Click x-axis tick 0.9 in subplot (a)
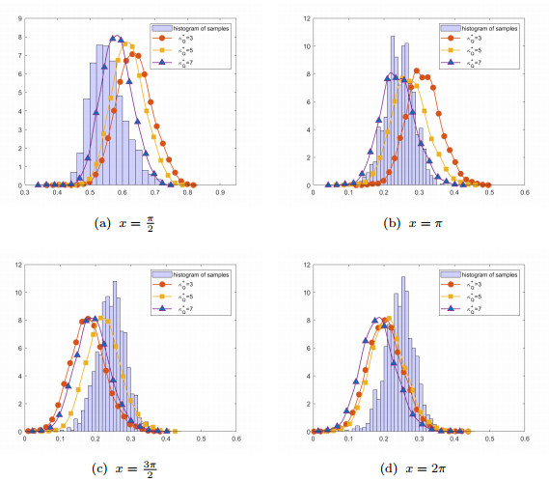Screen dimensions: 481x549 click(220, 193)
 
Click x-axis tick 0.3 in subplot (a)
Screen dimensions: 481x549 click(25, 193)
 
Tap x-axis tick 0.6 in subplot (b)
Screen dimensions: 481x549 click(525, 193)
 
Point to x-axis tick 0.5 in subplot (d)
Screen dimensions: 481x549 click(489, 439)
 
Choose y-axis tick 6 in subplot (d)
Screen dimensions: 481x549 click(306, 348)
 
